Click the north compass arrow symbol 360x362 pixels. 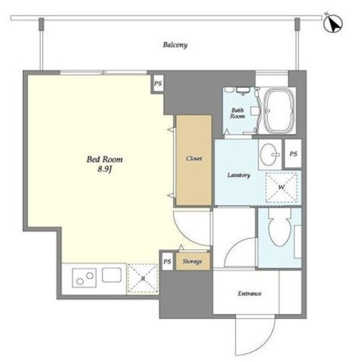point(333,23)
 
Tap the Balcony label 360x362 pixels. point(175,45)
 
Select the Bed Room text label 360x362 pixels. point(104,159)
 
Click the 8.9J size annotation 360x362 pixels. point(104,169)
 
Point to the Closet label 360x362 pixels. point(194,158)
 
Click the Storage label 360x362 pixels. point(192,261)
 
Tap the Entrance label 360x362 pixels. point(250,294)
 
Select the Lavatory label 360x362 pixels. point(239,175)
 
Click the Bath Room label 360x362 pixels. point(237,113)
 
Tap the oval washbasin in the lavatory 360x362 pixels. point(269,154)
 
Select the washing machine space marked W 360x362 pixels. point(281,187)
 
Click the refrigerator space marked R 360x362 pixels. point(143,279)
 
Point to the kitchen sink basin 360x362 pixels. point(112,275)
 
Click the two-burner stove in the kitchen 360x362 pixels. point(84,278)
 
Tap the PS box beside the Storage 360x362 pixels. point(167,261)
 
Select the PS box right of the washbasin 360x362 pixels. point(293,154)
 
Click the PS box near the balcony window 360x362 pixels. point(158,83)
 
